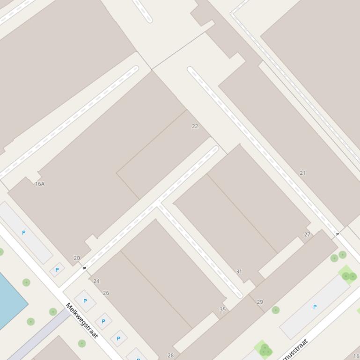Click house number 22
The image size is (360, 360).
(195, 126)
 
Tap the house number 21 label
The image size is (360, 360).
(302, 173)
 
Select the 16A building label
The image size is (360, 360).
(40, 184)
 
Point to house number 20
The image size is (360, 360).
(77, 258)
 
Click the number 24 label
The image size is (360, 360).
(96, 281)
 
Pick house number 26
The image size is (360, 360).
(106, 293)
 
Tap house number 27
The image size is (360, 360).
(307, 235)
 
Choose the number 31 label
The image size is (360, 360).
(239, 271)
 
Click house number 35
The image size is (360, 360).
(222, 309)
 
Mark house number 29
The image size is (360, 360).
(260, 302)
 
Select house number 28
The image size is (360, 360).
(170, 355)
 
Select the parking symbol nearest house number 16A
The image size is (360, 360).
(23, 232)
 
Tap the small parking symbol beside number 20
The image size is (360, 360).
(57, 270)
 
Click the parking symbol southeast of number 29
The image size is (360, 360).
(315, 307)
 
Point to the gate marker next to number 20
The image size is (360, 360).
(84, 268)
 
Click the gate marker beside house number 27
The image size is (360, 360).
(337, 234)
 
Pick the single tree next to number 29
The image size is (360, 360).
(276, 310)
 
